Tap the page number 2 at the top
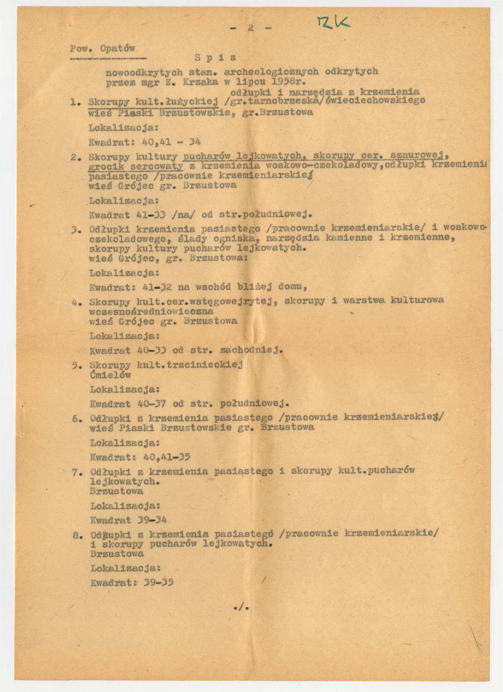tap(250, 28)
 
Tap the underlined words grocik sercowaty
tap(136, 167)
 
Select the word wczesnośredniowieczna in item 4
tap(151, 311)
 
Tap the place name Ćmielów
tap(110, 375)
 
